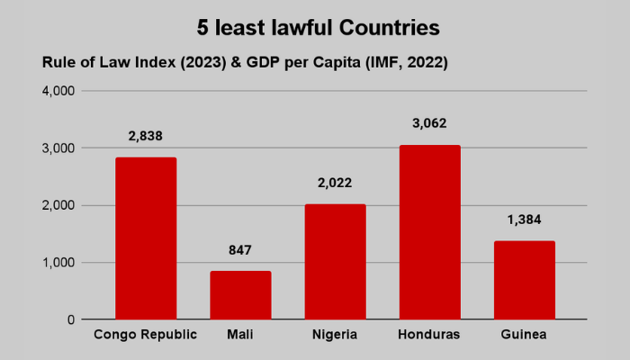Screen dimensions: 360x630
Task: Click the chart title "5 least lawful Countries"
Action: click(319, 28)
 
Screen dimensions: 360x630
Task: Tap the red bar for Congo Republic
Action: click(146, 238)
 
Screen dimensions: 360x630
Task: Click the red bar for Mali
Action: click(240, 295)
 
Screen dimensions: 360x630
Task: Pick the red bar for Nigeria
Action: click(335, 262)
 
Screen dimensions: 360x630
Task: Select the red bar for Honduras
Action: click(429, 232)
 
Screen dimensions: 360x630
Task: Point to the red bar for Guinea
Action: click(524, 280)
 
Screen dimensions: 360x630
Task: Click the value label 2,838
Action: click(146, 137)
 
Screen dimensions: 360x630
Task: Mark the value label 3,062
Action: click(429, 124)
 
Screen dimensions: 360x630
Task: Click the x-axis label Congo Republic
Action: click(146, 336)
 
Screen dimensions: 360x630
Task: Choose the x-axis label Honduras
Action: click(429, 336)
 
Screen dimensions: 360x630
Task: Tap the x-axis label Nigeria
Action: click(335, 336)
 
